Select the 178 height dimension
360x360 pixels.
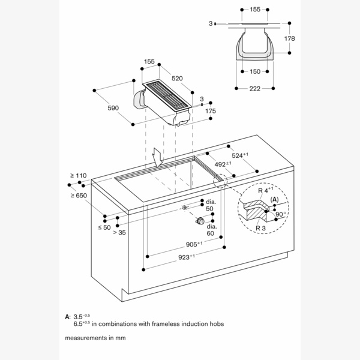[290, 39]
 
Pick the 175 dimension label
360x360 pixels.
[210, 112]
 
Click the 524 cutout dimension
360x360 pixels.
[242, 155]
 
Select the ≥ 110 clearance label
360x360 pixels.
[78, 175]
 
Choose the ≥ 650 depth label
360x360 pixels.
[78, 195]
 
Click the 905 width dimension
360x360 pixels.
[193, 244]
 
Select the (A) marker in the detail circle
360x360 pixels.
[274, 199]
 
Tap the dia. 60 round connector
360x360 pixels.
[200, 222]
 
